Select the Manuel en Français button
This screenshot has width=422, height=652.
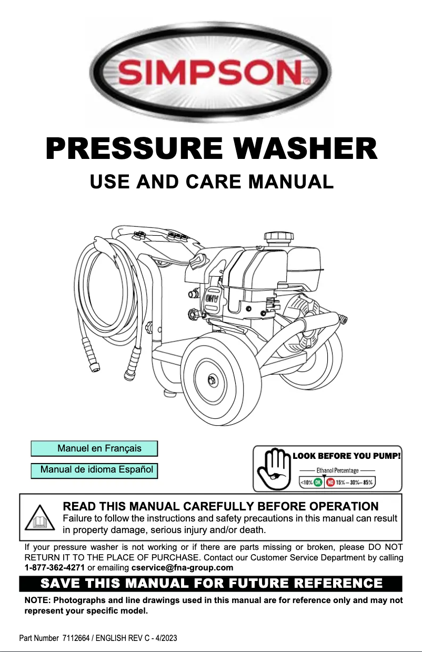(94, 448)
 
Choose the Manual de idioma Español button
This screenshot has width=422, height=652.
(94, 470)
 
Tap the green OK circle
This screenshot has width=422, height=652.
(318, 483)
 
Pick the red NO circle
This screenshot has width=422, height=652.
(330, 483)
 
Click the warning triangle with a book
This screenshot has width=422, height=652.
(39, 518)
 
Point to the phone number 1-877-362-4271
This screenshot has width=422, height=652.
(54, 568)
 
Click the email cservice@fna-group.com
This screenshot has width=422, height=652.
(183, 568)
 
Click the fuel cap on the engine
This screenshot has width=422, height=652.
(278, 236)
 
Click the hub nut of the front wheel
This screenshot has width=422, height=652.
(212, 379)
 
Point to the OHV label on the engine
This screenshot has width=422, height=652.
(212, 299)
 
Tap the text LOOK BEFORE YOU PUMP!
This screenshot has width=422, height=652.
(347, 456)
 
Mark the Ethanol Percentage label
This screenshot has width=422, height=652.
(338, 470)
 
